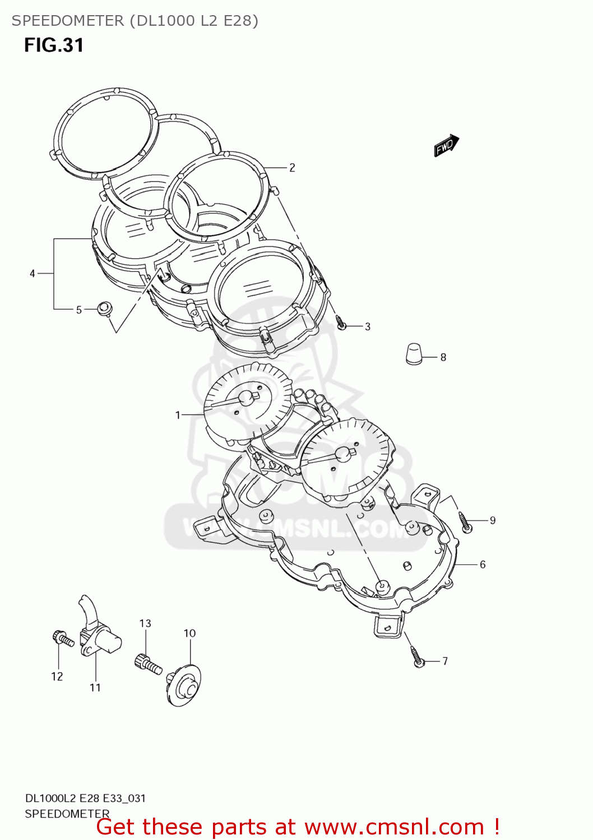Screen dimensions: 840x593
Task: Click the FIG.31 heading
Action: (x=54, y=45)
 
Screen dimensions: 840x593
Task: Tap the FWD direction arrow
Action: (x=446, y=146)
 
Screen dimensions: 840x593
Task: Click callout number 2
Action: (x=292, y=167)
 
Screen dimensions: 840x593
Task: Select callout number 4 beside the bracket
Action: (x=33, y=273)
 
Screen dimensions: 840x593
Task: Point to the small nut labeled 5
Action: (x=104, y=309)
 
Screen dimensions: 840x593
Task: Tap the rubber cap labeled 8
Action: (x=414, y=354)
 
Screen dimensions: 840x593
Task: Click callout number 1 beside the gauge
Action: (x=178, y=415)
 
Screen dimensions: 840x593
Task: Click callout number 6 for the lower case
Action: (x=482, y=564)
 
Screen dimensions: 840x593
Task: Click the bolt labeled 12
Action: (x=62, y=638)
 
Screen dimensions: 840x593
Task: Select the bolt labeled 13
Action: (x=147, y=664)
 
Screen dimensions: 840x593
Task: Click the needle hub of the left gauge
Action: (x=245, y=398)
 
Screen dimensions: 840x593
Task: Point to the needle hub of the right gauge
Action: (x=342, y=454)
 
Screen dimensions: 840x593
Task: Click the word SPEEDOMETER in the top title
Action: (x=67, y=21)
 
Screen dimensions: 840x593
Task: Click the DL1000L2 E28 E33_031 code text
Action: (x=85, y=799)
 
